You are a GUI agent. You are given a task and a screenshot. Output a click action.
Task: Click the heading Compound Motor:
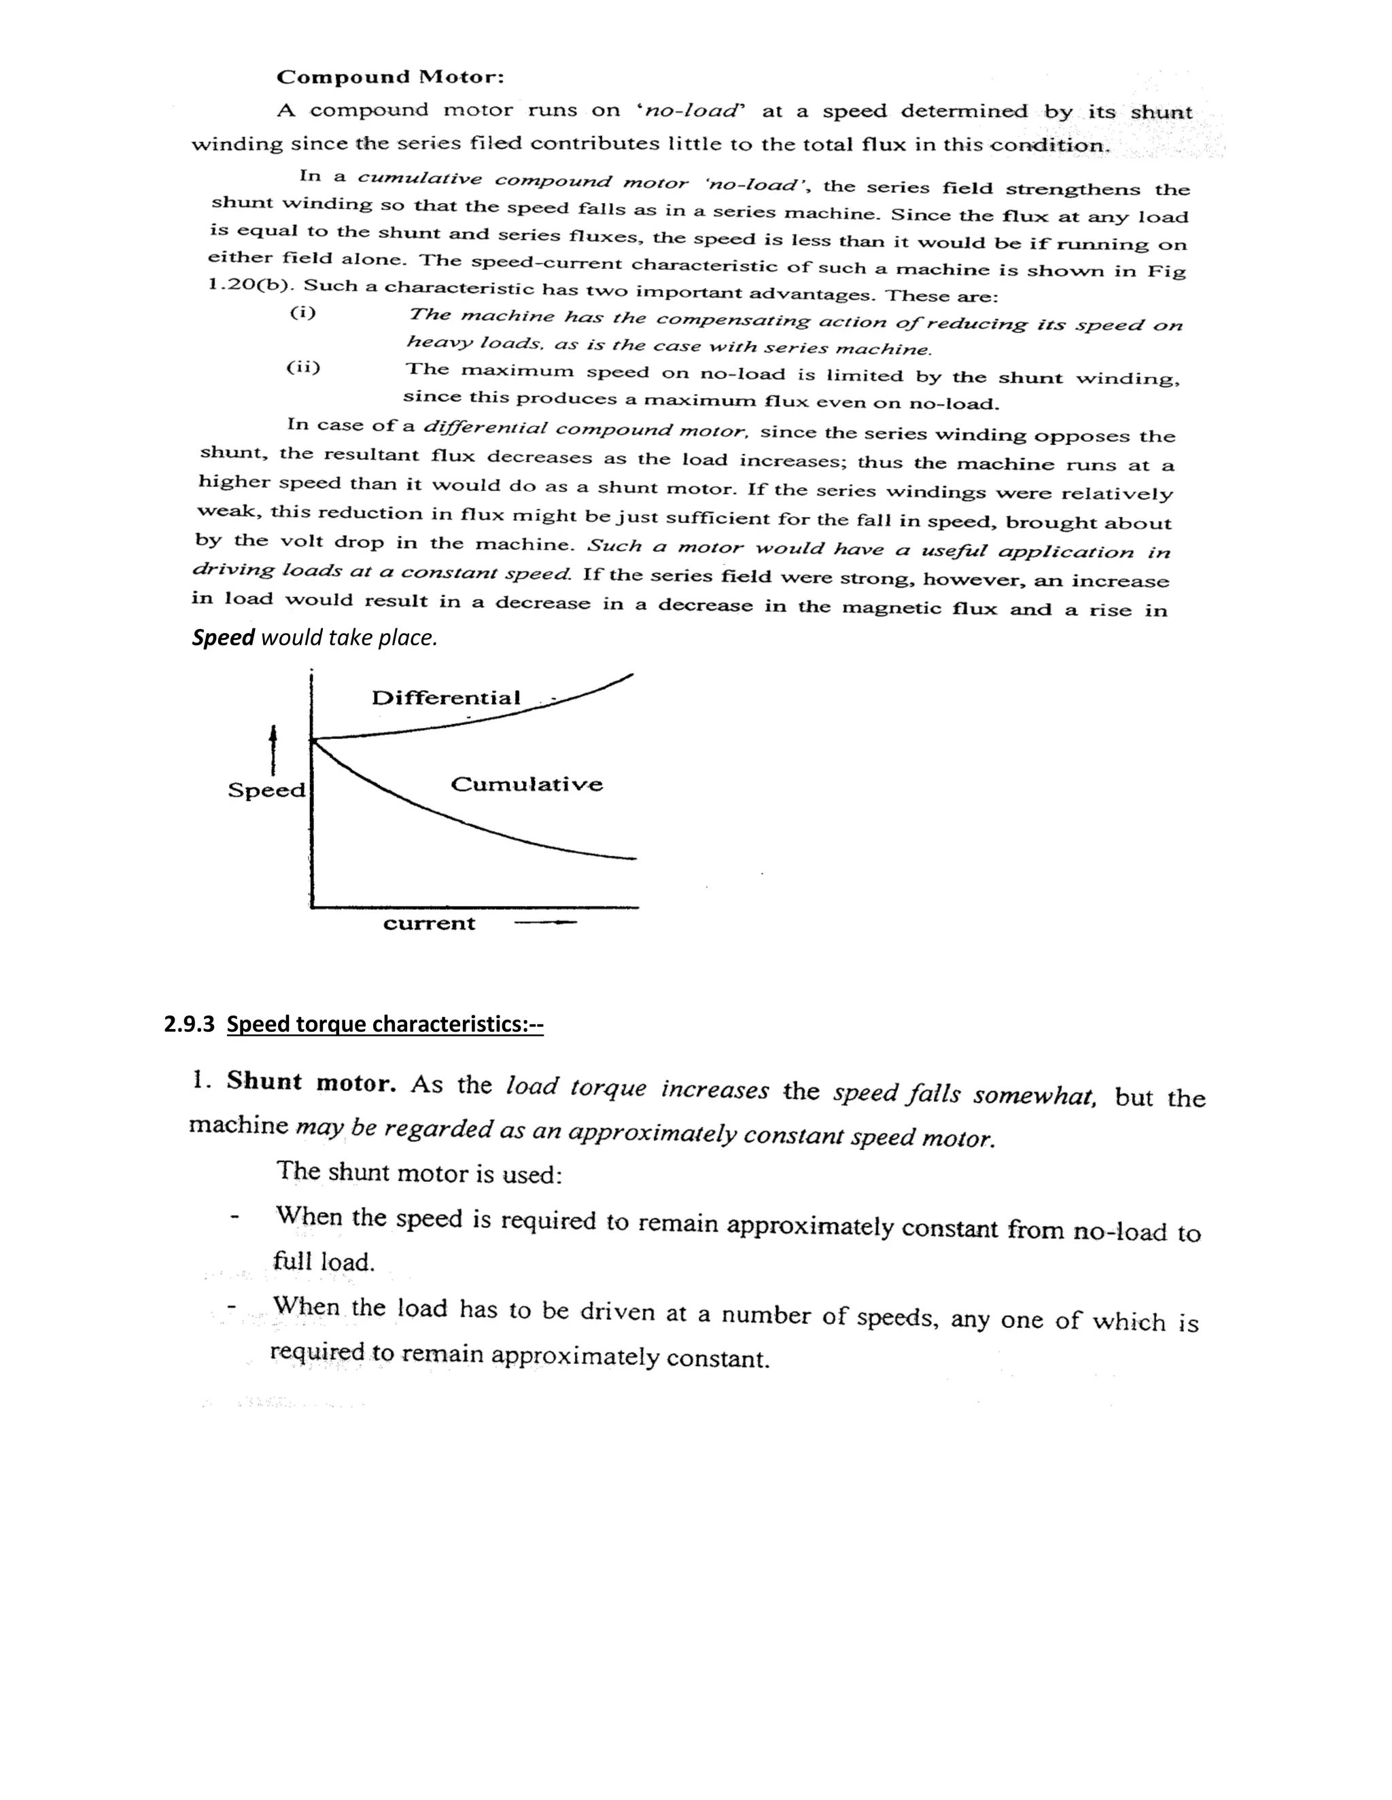pos(389,77)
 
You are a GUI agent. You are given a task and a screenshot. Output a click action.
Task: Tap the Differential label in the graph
pos(445,698)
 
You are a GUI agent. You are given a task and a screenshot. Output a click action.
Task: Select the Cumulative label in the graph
pos(526,784)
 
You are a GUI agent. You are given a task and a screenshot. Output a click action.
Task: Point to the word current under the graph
pos(429,923)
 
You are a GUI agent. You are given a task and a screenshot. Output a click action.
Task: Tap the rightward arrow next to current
pos(544,923)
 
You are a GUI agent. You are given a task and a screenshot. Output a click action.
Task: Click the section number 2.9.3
pos(189,1024)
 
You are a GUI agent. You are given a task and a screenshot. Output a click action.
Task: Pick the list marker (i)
pos(302,312)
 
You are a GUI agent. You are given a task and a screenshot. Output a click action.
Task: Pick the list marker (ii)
pos(302,367)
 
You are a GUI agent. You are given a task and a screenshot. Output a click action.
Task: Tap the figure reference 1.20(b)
pos(251,285)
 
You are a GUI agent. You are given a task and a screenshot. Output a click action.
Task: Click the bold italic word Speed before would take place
pos(223,638)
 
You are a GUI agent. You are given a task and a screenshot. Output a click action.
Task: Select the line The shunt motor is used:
pos(419,1171)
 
